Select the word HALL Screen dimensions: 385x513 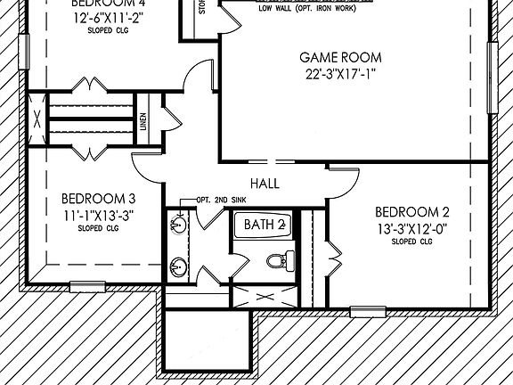pos(265,184)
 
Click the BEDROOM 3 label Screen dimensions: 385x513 pos(98,199)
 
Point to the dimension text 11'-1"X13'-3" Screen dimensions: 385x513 pos(99,214)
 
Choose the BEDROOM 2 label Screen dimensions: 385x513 pos(411,212)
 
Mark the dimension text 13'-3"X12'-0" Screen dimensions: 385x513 pos(411,228)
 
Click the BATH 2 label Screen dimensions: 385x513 pos(265,224)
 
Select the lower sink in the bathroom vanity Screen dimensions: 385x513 pos(179,266)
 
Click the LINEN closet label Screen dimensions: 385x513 pos(143,119)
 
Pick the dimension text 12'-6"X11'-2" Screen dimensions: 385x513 pos(105,17)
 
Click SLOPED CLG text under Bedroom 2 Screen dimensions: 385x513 pos(411,242)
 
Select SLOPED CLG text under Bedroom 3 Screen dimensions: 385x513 pos(98,227)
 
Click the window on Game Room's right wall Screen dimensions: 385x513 pos(493,78)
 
